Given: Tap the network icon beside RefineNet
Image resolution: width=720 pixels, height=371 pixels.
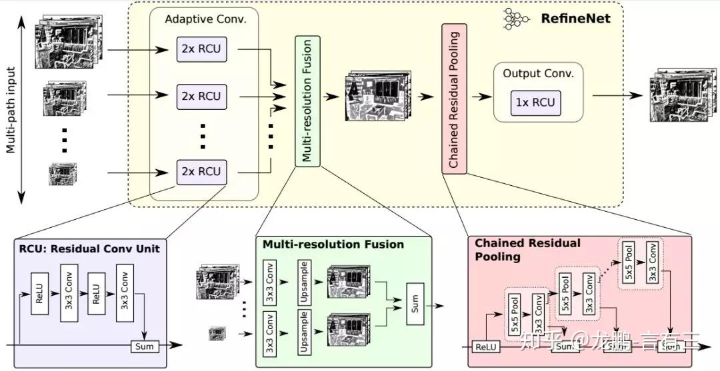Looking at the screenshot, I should tap(515, 19).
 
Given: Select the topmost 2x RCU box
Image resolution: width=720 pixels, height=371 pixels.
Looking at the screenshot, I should tap(199, 50).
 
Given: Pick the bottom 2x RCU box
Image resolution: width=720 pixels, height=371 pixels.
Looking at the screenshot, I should tap(199, 172).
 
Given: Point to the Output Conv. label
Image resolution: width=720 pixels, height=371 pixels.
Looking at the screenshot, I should tap(538, 73).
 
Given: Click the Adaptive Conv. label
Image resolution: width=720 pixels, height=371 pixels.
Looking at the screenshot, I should tap(206, 19).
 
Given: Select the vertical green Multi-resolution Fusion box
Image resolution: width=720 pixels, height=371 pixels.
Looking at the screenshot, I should tap(307, 101).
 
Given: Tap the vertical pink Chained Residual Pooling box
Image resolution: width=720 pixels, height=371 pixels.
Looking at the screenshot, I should tap(453, 99).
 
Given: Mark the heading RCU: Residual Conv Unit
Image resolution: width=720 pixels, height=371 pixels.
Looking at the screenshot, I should tap(89, 248).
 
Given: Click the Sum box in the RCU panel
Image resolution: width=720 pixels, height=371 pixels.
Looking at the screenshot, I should tap(144, 346).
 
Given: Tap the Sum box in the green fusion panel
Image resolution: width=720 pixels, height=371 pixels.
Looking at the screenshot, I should tap(414, 307).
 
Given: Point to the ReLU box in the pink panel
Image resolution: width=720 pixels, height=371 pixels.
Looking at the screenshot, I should tap(486, 346).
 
